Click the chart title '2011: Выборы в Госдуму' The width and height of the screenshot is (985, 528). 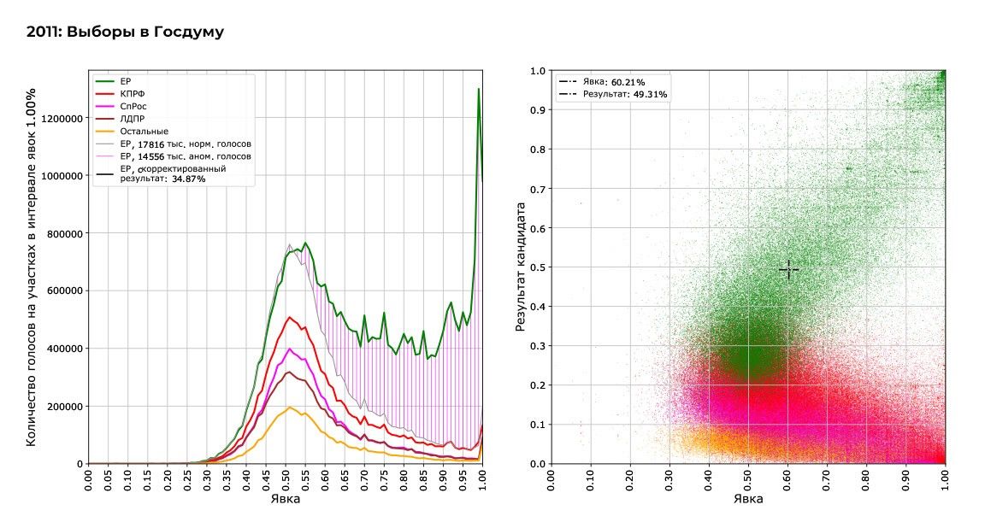pos(125,32)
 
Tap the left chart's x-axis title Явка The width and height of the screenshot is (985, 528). pos(285,499)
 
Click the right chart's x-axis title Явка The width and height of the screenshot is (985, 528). pos(747,499)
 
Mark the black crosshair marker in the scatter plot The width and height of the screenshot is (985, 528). pos(788,270)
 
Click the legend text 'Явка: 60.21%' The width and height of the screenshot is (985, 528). pos(614,82)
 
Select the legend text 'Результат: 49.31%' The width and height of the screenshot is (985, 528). pos(625,94)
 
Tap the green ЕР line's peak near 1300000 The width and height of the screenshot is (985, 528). pos(479,89)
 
